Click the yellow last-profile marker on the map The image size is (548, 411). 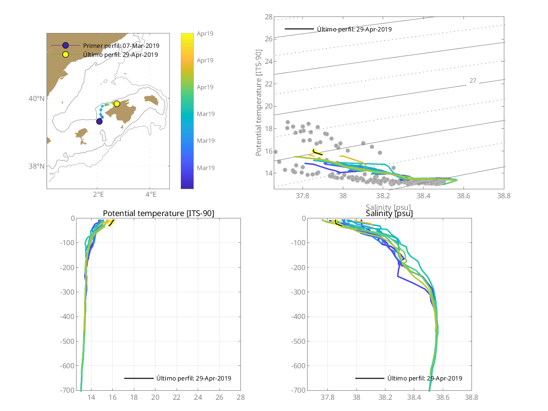click(x=116, y=104)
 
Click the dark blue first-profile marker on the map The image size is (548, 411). click(x=100, y=122)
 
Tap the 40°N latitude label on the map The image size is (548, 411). click(x=37, y=99)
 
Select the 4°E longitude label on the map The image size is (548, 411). click(x=150, y=194)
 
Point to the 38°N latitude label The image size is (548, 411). click(x=37, y=166)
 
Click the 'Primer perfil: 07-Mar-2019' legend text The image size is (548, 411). click(x=121, y=46)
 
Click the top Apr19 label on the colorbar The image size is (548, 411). click(x=205, y=33)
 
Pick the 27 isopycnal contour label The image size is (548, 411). click(x=473, y=81)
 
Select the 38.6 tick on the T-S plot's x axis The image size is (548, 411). click(x=463, y=195)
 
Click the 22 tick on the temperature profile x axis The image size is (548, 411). click(x=177, y=397)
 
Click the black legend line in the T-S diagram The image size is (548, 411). click(x=299, y=29)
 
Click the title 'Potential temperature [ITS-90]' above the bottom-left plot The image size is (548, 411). click(x=158, y=214)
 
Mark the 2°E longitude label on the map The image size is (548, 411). click(x=98, y=194)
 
